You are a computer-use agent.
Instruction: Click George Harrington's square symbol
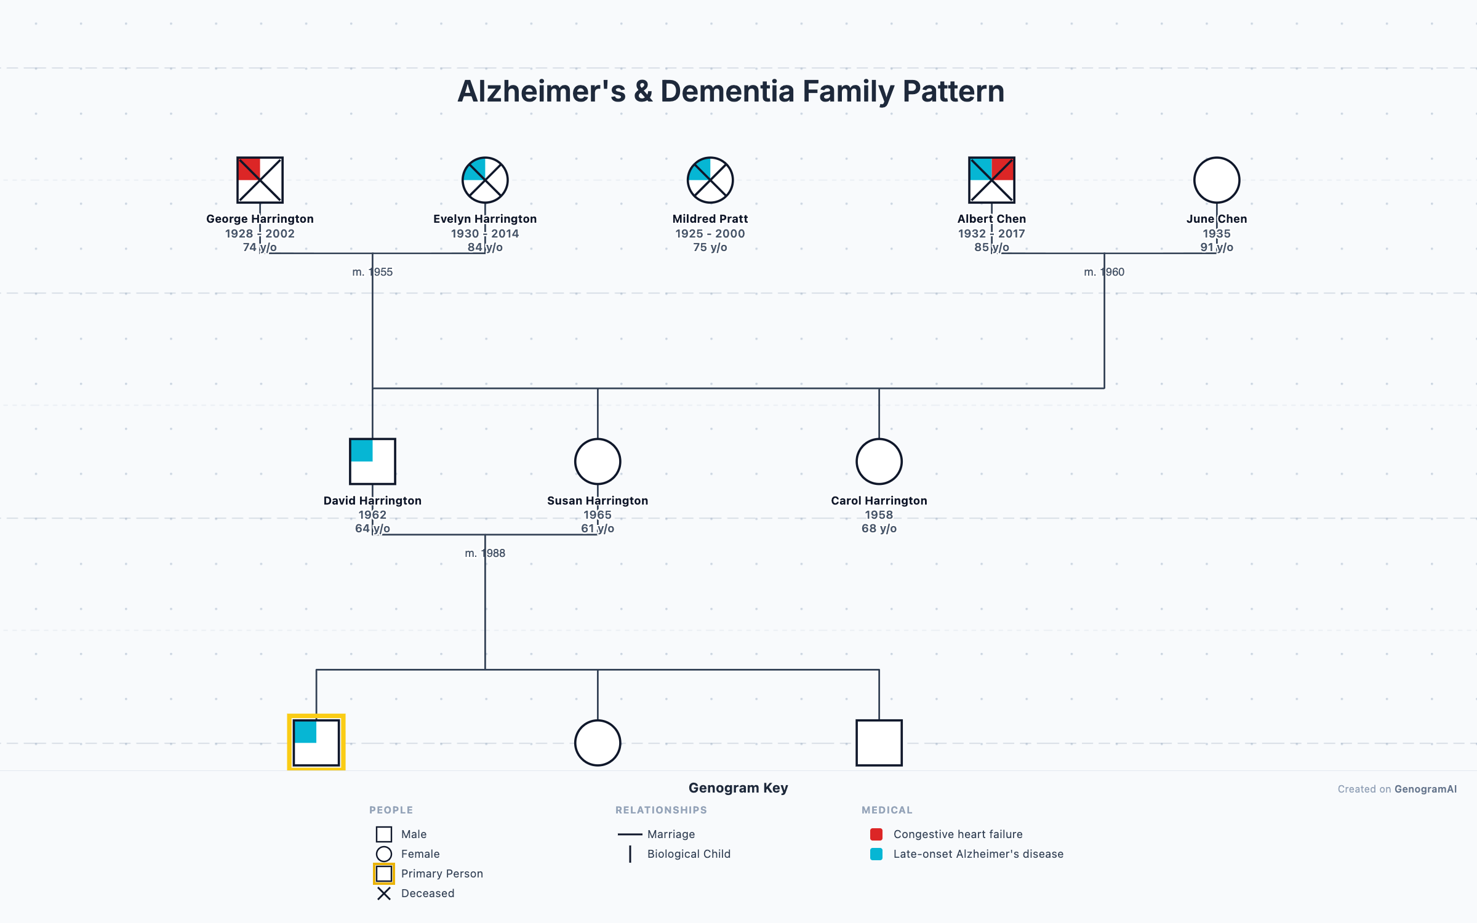pyautogui.click(x=260, y=180)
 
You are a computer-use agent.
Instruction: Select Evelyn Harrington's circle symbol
pyautogui.click(x=485, y=180)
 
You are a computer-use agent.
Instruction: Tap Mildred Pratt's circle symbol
pyautogui.click(x=710, y=180)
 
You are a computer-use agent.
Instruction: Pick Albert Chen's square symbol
pyautogui.click(x=991, y=180)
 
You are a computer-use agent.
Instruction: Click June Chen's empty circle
pyautogui.click(x=1217, y=180)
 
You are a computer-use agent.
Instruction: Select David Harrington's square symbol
pyautogui.click(x=372, y=461)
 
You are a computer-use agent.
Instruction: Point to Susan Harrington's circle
pyautogui.click(x=598, y=461)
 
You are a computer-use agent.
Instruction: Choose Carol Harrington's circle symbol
pyautogui.click(x=879, y=461)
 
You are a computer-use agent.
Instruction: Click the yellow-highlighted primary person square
pyautogui.click(x=316, y=742)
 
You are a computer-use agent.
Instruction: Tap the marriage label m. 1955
pyautogui.click(x=372, y=272)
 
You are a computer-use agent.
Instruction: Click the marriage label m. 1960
pyautogui.click(x=1104, y=272)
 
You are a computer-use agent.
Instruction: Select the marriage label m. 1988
pyautogui.click(x=485, y=553)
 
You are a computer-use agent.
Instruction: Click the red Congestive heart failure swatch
pyautogui.click(x=876, y=834)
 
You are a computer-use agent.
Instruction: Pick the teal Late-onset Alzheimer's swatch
pyautogui.click(x=876, y=854)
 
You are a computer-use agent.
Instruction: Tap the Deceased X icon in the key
pyautogui.click(x=384, y=893)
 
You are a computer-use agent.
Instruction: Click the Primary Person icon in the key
pyautogui.click(x=384, y=874)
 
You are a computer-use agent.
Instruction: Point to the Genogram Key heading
pyautogui.click(x=738, y=788)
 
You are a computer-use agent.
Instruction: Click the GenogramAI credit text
pyautogui.click(x=1425, y=789)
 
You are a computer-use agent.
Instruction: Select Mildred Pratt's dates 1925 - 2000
pyautogui.click(x=710, y=234)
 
